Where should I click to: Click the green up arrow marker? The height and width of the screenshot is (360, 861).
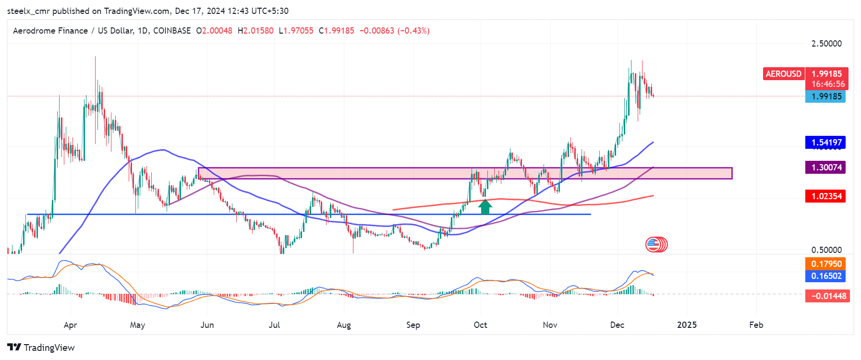(485, 207)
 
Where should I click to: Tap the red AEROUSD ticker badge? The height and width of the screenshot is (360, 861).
(783, 74)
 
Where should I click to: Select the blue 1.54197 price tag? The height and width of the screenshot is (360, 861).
(826, 143)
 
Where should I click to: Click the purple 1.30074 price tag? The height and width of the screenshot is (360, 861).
(826, 168)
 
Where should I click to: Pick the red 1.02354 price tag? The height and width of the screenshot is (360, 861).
(826, 196)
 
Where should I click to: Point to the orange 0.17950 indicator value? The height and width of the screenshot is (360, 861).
(826, 264)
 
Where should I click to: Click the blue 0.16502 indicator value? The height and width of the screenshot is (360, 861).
(826, 276)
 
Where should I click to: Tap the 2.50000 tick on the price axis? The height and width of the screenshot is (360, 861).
(826, 44)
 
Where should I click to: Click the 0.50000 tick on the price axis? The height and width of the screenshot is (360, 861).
(826, 250)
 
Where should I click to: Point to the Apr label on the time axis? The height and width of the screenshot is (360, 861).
(70, 325)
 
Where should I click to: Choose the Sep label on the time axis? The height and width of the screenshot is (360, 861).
(413, 325)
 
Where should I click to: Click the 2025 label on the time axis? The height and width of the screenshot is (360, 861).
(687, 325)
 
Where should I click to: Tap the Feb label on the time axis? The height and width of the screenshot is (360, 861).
(756, 325)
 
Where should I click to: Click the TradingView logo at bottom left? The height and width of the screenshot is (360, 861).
(41, 348)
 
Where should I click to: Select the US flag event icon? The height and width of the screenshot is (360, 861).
(653, 245)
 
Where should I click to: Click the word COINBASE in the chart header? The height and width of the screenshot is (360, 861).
(172, 31)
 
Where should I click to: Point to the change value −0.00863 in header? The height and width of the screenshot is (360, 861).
(376, 31)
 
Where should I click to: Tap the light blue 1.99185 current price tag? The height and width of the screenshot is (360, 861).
(826, 96)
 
